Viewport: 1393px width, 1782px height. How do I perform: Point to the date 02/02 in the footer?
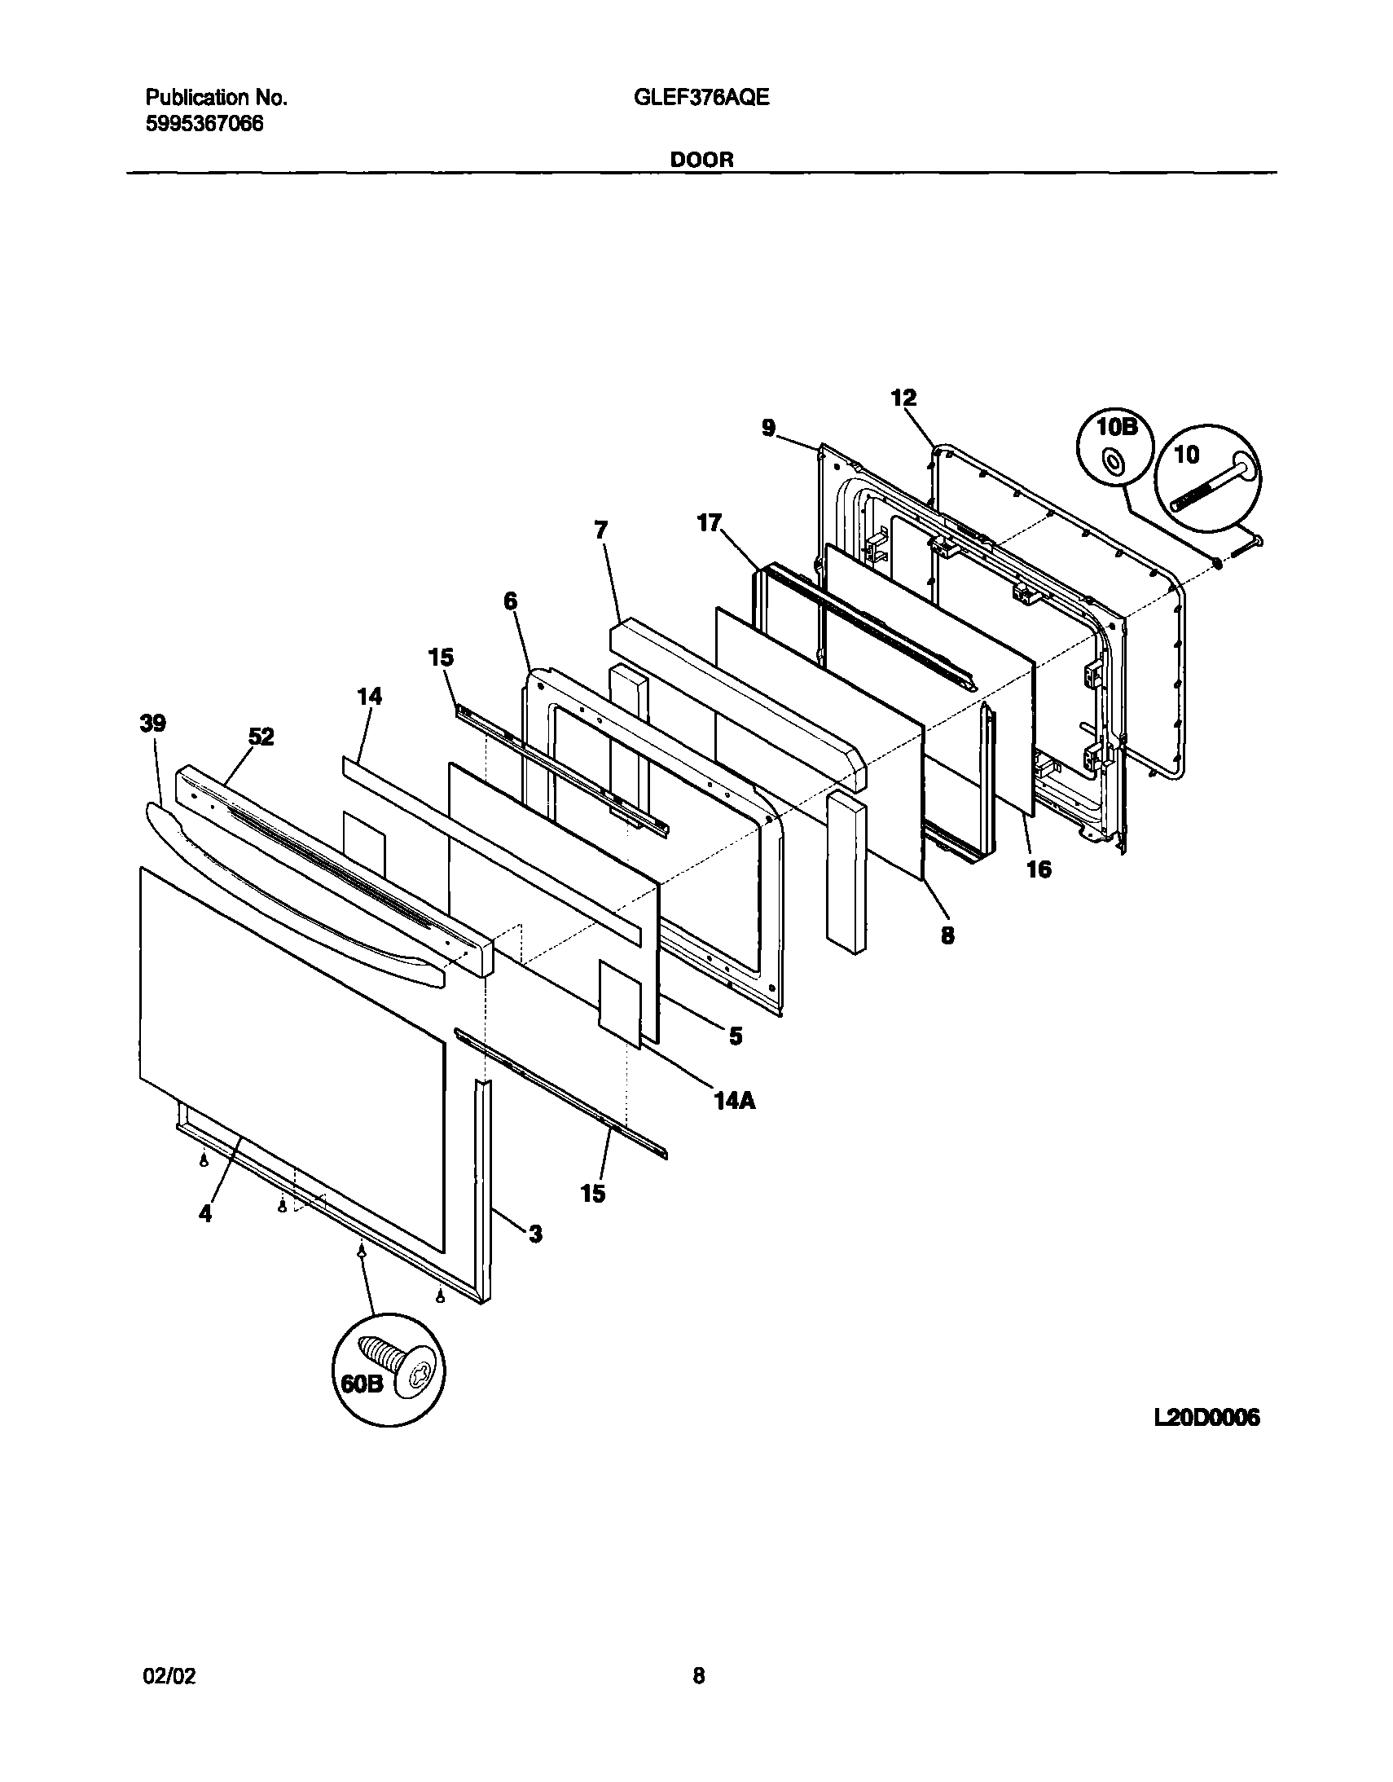[x=170, y=1676]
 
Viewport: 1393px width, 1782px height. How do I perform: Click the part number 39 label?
[x=153, y=723]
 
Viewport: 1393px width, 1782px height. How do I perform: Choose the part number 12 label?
[x=903, y=398]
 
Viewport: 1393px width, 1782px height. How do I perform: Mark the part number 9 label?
[x=768, y=428]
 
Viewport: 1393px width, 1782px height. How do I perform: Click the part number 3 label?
[x=535, y=1234]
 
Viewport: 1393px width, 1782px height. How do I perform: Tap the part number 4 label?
[x=204, y=1214]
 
